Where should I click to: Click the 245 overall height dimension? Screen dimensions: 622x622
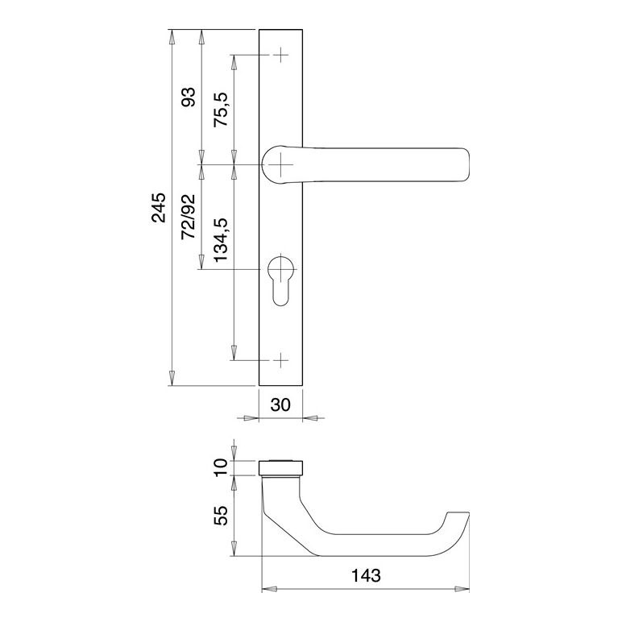coord(159,207)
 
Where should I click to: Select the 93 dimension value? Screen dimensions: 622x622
coord(189,97)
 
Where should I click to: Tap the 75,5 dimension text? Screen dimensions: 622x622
coord(222,110)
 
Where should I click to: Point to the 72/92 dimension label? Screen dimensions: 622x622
coord(189,217)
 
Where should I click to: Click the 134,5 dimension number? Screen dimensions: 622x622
coord(222,239)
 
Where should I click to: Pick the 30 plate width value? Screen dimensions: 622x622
coord(280,404)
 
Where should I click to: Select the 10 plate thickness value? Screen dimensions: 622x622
coord(222,467)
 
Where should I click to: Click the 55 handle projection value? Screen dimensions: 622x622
coord(222,516)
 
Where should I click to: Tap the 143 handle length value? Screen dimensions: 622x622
coord(366,575)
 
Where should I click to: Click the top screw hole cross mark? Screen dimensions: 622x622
coord(281,55)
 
